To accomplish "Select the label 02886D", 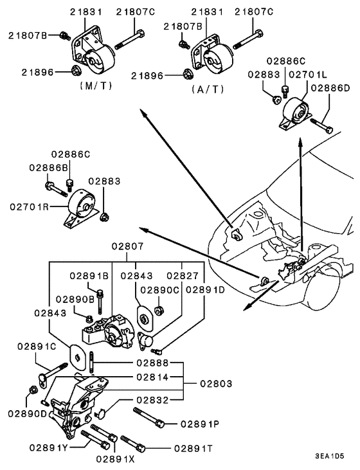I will [x=330, y=87].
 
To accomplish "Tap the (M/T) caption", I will [x=95, y=85].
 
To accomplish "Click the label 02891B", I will [x=90, y=275].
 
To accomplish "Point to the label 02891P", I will [x=201, y=424].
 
